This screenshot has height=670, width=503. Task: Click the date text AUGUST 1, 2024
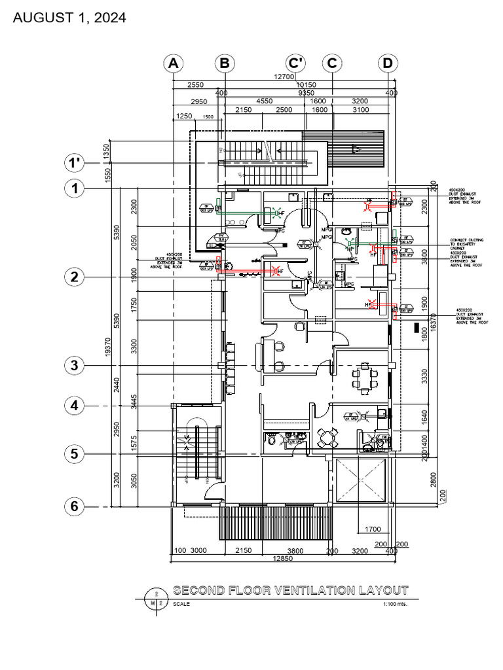pyautogui.click(x=69, y=18)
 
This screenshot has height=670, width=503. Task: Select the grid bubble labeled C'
pyautogui.click(x=297, y=63)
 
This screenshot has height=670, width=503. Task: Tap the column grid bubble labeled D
pyautogui.click(x=388, y=63)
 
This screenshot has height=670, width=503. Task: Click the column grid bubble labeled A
pyautogui.click(x=173, y=63)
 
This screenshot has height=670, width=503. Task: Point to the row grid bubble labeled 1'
pyautogui.click(x=75, y=162)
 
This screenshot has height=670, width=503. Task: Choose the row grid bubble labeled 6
pyautogui.click(x=75, y=506)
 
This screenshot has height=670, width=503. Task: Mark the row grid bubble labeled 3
pyautogui.click(x=75, y=365)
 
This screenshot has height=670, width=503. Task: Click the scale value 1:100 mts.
pyautogui.click(x=395, y=604)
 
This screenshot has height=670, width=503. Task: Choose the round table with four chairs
pyautogui.click(x=327, y=436)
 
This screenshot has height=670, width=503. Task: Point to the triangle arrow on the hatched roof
pyautogui.click(x=356, y=149)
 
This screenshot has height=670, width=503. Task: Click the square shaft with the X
pyautogui.click(x=362, y=481)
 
